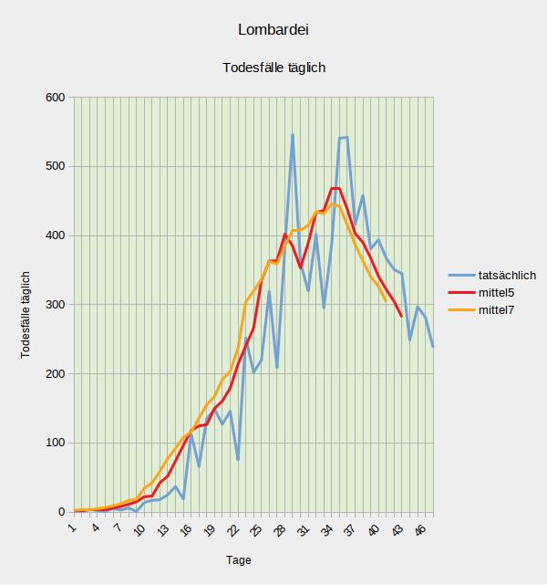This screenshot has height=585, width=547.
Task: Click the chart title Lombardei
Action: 273,30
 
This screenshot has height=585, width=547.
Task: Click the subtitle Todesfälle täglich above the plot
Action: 273,68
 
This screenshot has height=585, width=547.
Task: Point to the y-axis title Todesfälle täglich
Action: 26,314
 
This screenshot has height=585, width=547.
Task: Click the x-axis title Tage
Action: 239,560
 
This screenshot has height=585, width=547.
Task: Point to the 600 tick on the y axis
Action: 57,98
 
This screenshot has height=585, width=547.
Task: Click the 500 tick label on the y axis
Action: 57,167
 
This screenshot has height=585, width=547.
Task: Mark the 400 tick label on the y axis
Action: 57,235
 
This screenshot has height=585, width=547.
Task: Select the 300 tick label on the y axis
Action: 57,305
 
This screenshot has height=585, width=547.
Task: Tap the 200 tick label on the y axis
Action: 57,374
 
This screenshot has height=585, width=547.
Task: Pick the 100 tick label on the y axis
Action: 57,444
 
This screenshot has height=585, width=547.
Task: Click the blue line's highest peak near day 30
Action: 293,135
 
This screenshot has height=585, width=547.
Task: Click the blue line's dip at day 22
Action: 237,459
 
